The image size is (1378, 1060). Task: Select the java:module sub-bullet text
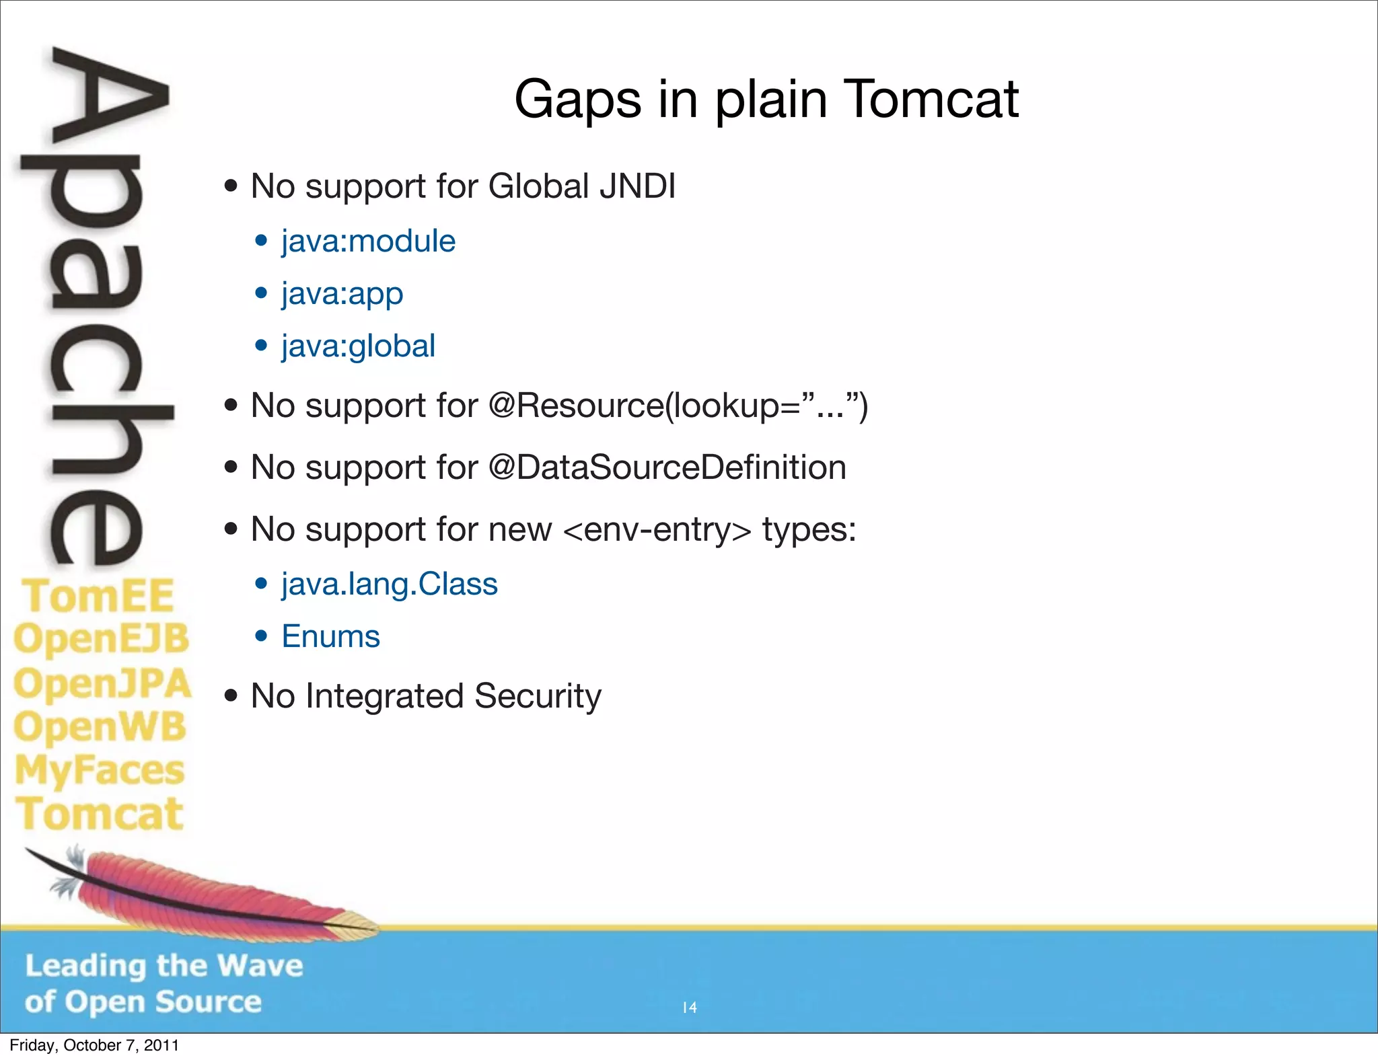click(x=368, y=241)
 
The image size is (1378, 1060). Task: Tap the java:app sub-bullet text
click(x=342, y=294)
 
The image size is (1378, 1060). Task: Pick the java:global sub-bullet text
click(x=358, y=346)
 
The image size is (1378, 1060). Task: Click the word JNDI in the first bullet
click(x=637, y=186)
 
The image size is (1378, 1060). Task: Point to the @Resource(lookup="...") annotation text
click(x=678, y=406)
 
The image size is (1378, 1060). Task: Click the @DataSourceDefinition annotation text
click(x=667, y=467)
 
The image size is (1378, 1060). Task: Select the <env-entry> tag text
click(x=657, y=530)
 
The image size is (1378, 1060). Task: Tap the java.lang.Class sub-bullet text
click(x=389, y=584)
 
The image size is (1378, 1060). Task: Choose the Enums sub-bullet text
click(x=330, y=636)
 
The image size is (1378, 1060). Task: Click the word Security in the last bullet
click(x=538, y=696)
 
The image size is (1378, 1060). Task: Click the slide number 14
click(x=690, y=1008)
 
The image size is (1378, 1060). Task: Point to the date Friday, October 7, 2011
click(x=94, y=1045)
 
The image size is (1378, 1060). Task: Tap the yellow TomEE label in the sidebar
click(x=98, y=596)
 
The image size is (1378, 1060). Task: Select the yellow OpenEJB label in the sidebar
click(x=102, y=638)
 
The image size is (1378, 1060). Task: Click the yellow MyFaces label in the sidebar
click(x=100, y=770)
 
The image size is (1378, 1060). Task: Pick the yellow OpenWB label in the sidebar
click(x=100, y=727)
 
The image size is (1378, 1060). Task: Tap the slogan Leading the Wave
click(x=164, y=966)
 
